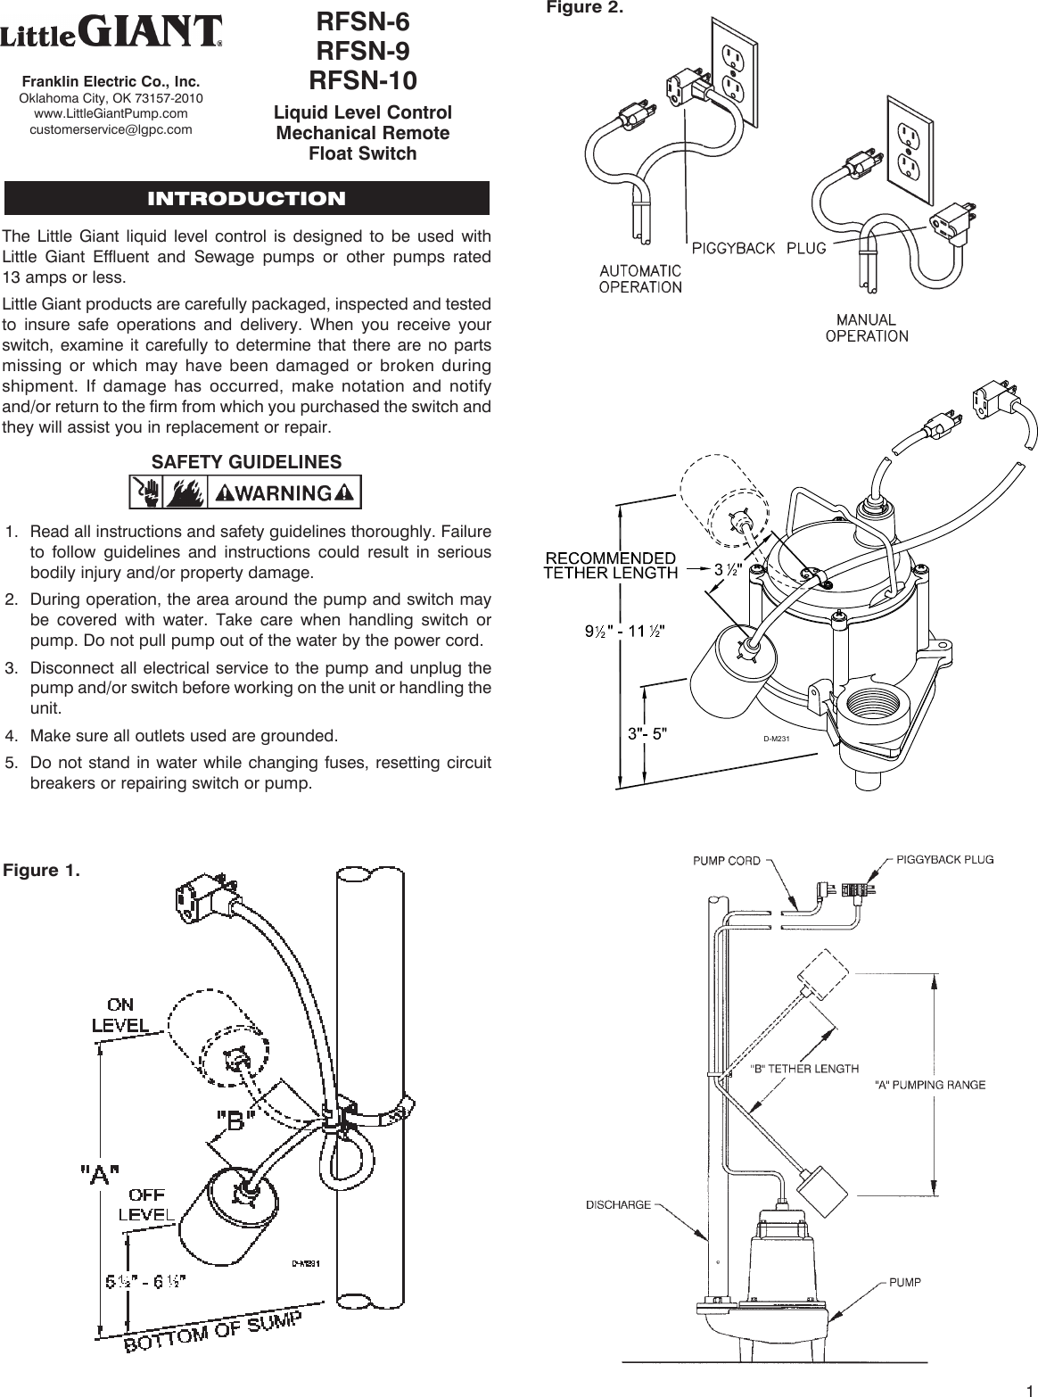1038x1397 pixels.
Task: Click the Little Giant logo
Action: [x=111, y=34]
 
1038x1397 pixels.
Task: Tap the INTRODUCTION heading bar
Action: [x=246, y=198]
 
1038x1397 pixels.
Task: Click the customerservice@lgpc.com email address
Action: [x=111, y=129]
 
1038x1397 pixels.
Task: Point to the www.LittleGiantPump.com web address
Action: [x=111, y=113]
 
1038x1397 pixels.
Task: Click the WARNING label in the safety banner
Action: [x=282, y=492]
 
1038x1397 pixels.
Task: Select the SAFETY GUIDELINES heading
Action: [x=246, y=462]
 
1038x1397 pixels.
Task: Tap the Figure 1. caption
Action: [x=42, y=870]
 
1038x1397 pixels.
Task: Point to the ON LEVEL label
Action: [x=122, y=1017]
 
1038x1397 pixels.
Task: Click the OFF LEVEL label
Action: [x=146, y=1205]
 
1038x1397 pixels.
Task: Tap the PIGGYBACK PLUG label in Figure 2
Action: [x=758, y=246]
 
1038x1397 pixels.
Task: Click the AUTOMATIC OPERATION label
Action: [x=640, y=278]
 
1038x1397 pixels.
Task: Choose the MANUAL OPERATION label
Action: [x=867, y=327]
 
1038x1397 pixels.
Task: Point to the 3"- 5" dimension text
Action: [x=646, y=733]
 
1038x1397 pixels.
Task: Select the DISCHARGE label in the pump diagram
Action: [x=617, y=1204]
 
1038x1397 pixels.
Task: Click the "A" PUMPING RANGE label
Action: [x=929, y=1085]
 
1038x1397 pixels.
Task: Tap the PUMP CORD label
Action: [x=727, y=861]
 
